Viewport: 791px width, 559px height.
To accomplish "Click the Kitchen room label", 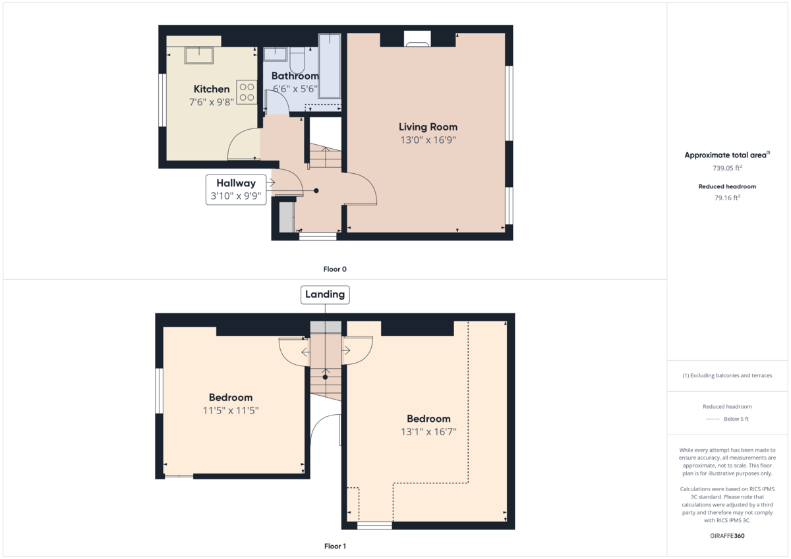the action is [212, 89].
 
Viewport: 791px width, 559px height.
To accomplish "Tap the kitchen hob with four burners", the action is [247, 92].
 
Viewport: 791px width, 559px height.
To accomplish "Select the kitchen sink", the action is [199, 55].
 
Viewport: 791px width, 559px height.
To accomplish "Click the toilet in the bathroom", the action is [297, 60].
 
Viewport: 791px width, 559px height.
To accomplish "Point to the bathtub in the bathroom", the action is [330, 66].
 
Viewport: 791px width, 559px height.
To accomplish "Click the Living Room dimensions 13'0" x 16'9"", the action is [428, 140].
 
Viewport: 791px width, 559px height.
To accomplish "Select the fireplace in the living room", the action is [417, 39].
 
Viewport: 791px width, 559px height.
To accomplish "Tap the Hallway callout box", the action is [236, 190].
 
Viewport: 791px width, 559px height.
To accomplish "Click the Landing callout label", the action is [325, 294].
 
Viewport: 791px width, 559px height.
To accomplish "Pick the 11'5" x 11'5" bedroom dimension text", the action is [231, 410].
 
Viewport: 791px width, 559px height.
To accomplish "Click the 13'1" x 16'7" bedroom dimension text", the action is [428, 432].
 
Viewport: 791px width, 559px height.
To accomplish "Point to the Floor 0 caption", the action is [335, 269].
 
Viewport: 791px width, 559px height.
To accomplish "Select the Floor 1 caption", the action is [335, 546].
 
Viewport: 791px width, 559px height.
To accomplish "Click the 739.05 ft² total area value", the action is [727, 168].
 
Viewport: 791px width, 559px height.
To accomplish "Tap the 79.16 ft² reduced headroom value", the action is [727, 198].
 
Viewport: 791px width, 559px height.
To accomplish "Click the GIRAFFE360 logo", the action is [727, 536].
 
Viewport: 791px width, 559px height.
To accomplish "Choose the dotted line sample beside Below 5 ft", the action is [713, 419].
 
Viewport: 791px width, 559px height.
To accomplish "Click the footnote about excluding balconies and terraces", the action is [727, 375].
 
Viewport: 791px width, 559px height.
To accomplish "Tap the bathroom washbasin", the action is [275, 54].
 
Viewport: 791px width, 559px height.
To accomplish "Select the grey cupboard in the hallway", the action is [286, 217].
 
